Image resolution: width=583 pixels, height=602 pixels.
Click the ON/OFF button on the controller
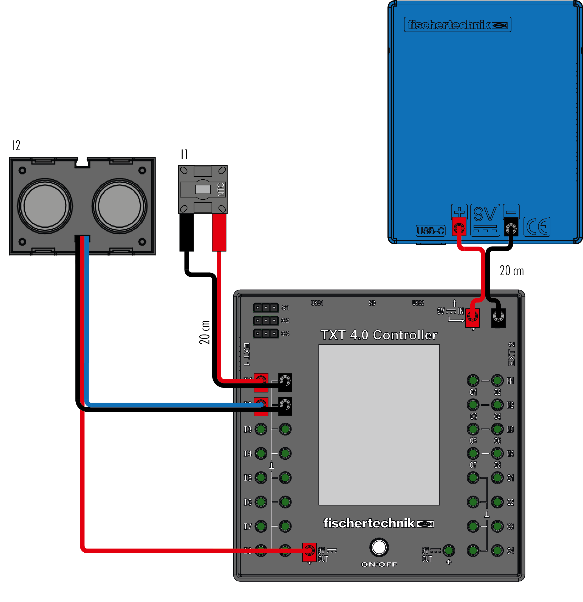379,547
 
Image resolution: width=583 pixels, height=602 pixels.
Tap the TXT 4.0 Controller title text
379,335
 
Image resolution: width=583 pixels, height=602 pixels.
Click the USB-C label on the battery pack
430,230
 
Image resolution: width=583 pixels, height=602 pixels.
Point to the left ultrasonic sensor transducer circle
45,206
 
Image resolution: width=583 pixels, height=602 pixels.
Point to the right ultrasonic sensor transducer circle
120,206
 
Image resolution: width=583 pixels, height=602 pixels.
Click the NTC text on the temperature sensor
221,190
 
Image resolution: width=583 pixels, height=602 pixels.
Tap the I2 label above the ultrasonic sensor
16,145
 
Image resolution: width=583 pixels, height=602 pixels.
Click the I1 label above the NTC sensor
184,154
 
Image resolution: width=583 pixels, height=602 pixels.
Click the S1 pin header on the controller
266,307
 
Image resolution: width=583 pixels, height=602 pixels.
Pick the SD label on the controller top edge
372,303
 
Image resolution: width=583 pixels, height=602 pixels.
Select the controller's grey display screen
379,425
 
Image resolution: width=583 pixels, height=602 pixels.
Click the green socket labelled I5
261,477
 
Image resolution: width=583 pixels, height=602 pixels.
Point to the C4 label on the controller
510,551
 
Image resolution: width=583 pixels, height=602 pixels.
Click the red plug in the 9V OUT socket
309,551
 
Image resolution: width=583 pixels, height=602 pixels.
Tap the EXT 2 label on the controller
511,354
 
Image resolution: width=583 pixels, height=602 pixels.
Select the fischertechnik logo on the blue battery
457,25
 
